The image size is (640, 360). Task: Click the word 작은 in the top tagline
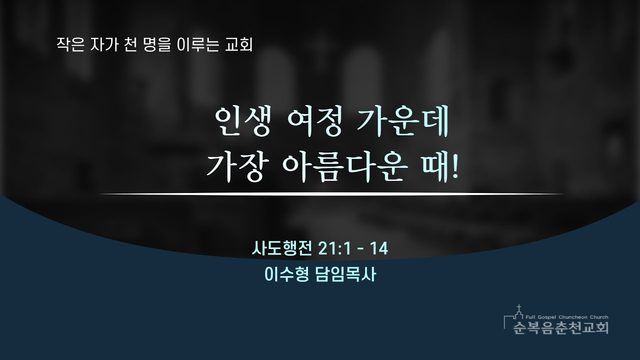pyautogui.click(x=70, y=44)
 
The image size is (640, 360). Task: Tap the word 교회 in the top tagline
pyautogui.click(x=239, y=44)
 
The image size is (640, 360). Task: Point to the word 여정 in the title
pyautogui.click(x=315, y=121)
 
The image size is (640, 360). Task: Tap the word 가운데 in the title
pyautogui.click(x=403, y=121)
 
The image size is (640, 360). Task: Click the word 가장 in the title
pyautogui.click(x=235, y=167)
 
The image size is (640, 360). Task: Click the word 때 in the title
pyautogui.click(x=436, y=167)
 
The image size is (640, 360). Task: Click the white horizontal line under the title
pyautogui.click(x=331, y=194)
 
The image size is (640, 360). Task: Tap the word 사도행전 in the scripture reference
pyautogui.click(x=282, y=248)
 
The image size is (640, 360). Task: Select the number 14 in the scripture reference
pyautogui.click(x=379, y=248)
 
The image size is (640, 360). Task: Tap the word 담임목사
pyautogui.click(x=345, y=275)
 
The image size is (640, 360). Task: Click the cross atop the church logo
pyautogui.click(x=519, y=308)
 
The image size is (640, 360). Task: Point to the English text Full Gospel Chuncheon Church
pyautogui.click(x=567, y=317)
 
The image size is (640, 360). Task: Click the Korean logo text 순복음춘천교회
pyautogui.click(x=561, y=327)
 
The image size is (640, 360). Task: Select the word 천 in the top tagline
pyautogui.click(x=130, y=44)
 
